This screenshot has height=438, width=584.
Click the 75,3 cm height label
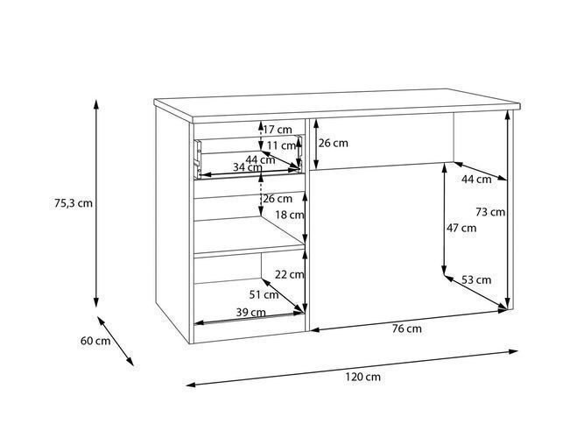(74, 203)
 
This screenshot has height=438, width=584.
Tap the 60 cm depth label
(95, 341)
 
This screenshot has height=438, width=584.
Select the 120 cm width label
(362, 377)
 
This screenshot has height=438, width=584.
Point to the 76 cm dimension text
(407, 328)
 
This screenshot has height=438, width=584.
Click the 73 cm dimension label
(490, 212)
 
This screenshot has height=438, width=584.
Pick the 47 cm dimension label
(461, 228)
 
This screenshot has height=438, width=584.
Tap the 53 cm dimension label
(476, 279)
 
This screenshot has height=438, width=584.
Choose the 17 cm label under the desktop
(278, 130)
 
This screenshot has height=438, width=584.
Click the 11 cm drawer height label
(281, 145)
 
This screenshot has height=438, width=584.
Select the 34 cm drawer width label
(248, 167)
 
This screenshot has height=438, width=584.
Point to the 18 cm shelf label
(290, 215)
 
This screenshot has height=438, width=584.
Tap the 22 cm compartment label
(290, 275)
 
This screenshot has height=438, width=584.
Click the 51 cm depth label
(264, 295)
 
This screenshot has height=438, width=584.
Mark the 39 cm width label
(251, 313)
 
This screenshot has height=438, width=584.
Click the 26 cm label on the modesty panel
(334, 143)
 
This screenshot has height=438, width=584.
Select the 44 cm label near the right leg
(476, 180)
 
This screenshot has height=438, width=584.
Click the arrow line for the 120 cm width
(352, 367)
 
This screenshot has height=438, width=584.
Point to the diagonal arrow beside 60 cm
(116, 341)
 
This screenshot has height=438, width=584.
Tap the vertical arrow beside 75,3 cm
(96, 203)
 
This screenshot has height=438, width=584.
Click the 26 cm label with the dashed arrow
(278, 199)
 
